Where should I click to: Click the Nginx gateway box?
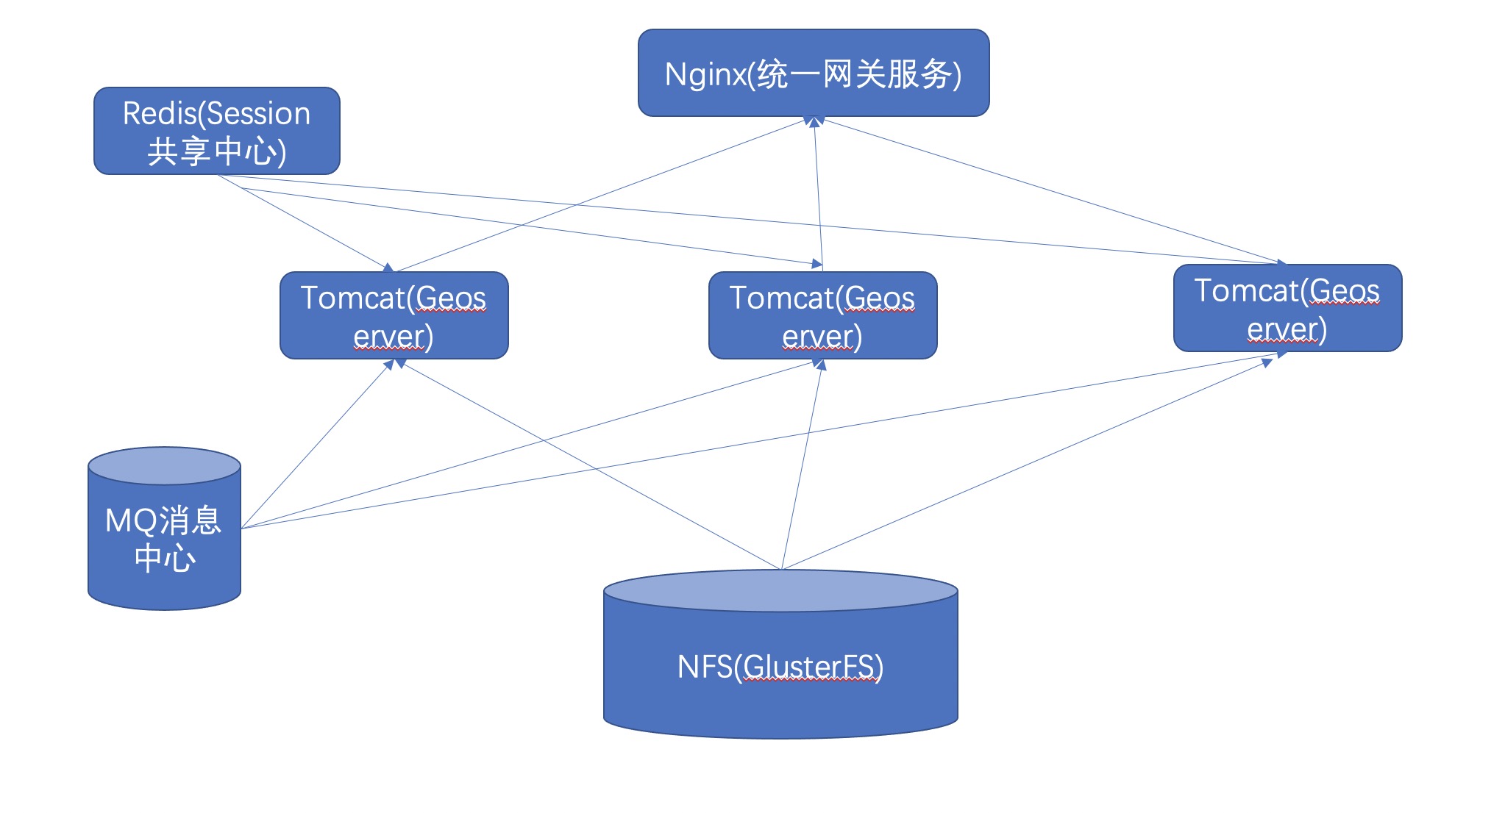coord(813,73)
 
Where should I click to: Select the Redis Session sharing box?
coord(216,132)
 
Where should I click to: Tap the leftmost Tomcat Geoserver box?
coord(394,316)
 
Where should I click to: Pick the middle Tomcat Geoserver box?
coord(822,316)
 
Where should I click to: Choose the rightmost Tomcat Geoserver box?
coord(1287,309)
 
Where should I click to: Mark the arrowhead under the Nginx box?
coord(814,122)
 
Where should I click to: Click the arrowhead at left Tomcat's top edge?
coord(389,268)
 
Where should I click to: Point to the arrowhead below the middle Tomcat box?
coord(821,364)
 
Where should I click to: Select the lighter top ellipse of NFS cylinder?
coord(780,591)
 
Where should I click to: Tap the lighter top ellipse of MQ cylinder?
coord(164,466)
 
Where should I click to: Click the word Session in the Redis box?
coord(259,114)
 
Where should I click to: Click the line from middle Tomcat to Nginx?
coord(818,195)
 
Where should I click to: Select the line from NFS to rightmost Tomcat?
coord(1030,463)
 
